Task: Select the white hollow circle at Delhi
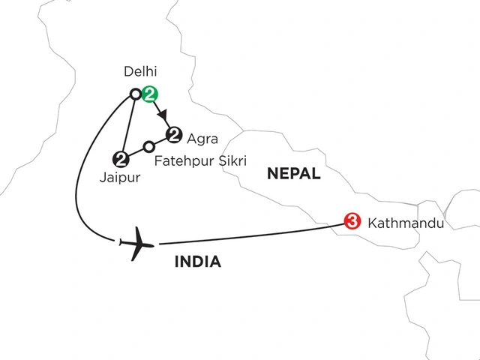coord(136,94)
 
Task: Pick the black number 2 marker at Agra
coord(174,135)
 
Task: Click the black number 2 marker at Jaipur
coord(119,158)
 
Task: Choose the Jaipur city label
coord(118,178)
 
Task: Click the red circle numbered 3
coord(350,221)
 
